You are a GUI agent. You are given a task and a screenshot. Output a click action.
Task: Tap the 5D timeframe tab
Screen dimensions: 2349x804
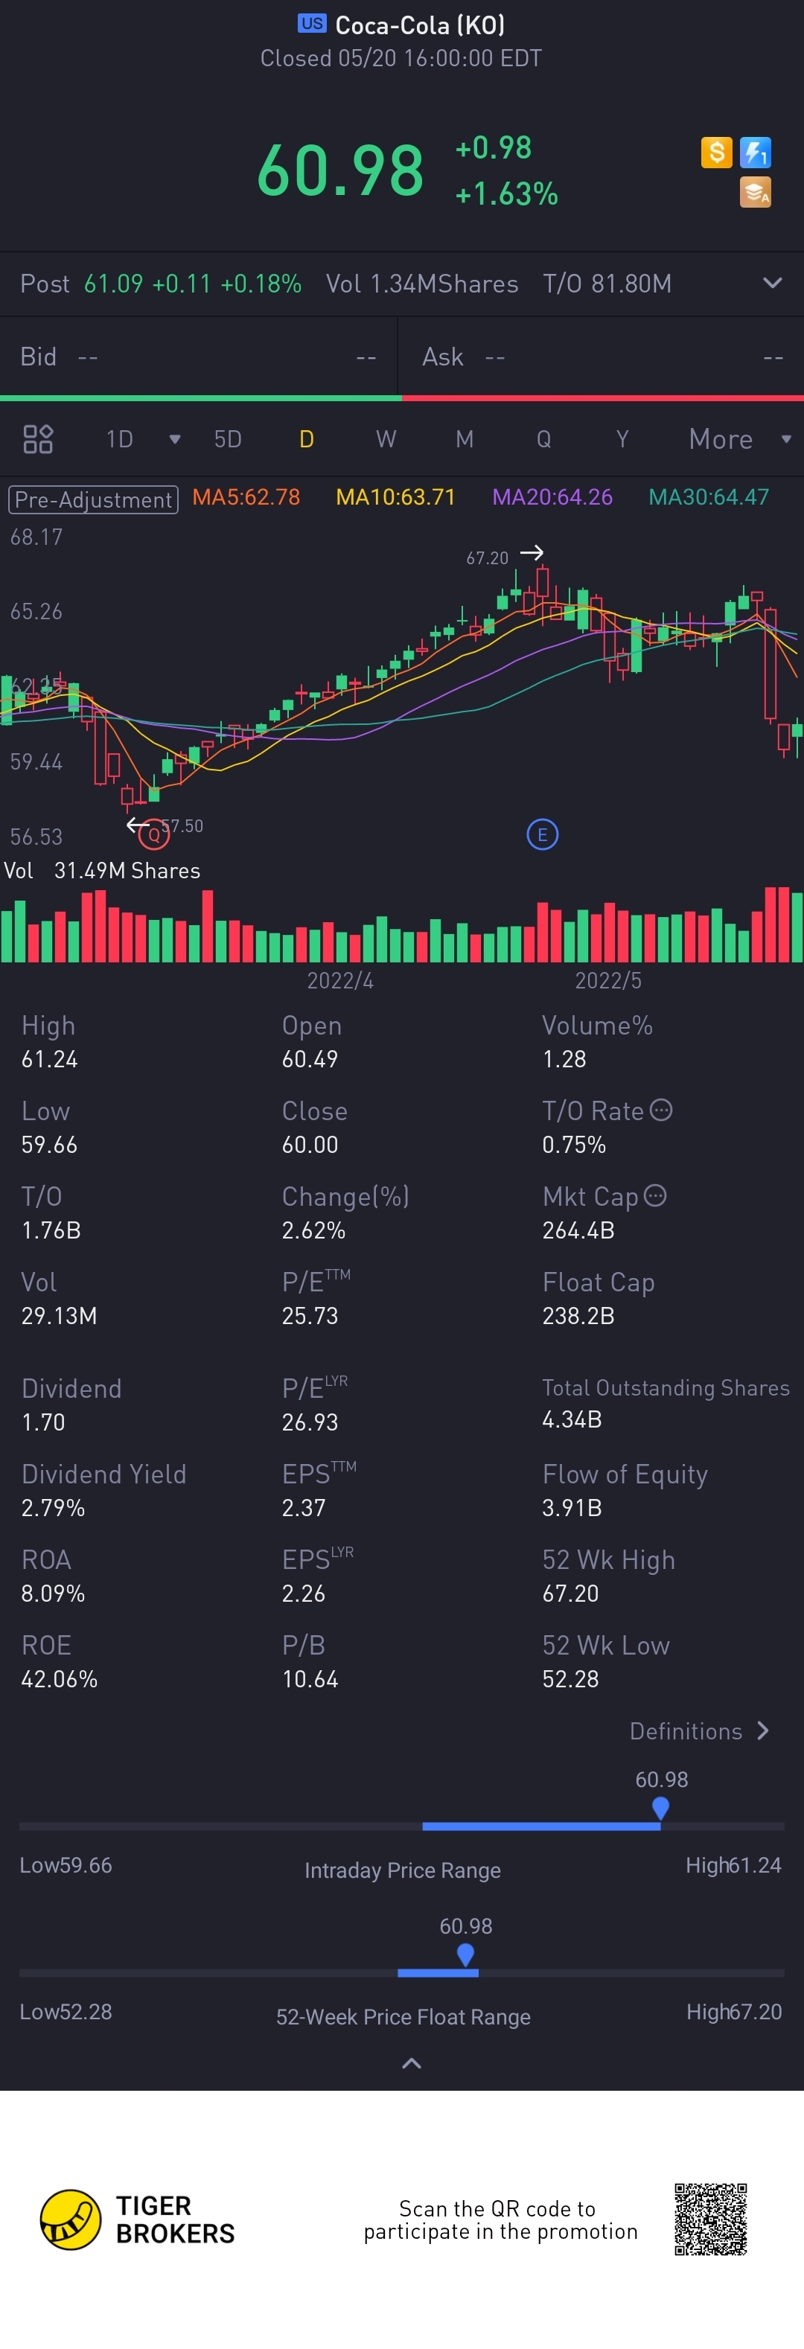(227, 440)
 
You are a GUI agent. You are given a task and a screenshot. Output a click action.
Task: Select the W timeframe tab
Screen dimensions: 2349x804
(386, 440)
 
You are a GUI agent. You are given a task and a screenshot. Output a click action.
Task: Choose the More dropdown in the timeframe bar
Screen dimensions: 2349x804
(738, 440)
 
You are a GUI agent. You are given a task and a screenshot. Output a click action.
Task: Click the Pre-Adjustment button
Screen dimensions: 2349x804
(93, 499)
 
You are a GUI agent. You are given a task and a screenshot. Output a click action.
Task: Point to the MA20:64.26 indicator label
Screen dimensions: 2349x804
(552, 497)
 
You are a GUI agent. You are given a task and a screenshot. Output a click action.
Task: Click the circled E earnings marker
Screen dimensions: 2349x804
(543, 834)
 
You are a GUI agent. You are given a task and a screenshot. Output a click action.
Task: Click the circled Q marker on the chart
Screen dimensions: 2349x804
(153, 834)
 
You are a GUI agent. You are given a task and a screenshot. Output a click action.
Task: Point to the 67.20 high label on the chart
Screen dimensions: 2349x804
(487, 558)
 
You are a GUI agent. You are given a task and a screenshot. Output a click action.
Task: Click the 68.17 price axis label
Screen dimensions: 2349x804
(36, 537)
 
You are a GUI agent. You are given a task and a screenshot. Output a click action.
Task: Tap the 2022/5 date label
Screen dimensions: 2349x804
(608, 980)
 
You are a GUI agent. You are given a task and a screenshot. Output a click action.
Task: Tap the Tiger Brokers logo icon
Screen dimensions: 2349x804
(70, 2219)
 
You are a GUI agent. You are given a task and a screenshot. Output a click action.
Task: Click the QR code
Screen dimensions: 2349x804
(710, 2219)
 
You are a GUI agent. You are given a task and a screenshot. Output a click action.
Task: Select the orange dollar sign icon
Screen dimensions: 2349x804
(716, 153)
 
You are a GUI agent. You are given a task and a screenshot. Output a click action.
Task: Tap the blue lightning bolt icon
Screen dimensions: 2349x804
(756, 153)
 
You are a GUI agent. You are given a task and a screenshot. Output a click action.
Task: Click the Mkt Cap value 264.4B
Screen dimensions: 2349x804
(578, 1230)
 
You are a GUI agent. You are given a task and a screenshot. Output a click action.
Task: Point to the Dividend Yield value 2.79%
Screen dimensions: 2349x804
(53, 1508)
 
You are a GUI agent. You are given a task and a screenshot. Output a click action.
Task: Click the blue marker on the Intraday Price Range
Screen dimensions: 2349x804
(661, 1807)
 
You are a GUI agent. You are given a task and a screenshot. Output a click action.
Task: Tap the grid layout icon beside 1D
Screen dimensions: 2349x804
(37, 440)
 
